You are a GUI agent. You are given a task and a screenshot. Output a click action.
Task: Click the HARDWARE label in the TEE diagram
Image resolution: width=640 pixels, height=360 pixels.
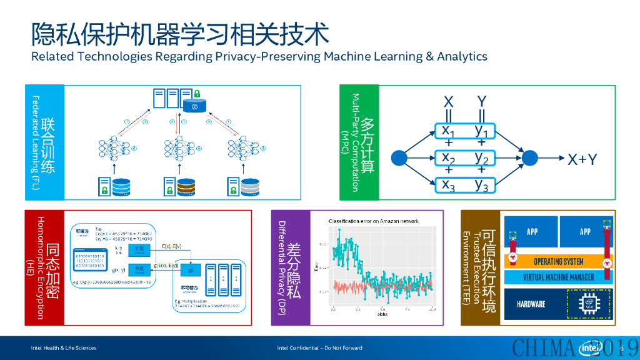[x=531, y=304]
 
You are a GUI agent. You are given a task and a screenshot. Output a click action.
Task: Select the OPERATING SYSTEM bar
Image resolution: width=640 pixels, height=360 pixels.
[x=558, y=261]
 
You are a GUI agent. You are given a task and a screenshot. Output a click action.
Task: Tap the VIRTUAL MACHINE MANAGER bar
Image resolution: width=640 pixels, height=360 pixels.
[x=558, y=276]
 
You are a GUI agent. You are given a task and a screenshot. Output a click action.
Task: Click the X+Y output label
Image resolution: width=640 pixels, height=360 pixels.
[x=582, y=159]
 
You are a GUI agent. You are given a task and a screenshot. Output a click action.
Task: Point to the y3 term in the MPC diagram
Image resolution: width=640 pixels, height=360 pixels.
[x=481, y=184]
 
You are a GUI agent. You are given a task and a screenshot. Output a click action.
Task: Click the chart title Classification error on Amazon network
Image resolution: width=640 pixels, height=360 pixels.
[x=374, y=221]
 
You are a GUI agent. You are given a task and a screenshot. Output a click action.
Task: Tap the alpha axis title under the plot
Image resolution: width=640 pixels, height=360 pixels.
[x=382, y=314]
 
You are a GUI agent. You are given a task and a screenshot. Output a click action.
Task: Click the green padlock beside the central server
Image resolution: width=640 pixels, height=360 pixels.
[x=196, y=94]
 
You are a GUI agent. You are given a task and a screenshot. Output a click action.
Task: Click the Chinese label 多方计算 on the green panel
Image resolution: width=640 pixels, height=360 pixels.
[x=367, y=144]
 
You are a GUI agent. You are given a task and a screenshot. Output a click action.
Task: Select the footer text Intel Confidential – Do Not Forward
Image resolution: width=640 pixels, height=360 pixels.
[x=319, y=348]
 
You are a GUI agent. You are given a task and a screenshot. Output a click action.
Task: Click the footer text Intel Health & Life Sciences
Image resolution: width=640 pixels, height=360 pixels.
[x=64, y=348]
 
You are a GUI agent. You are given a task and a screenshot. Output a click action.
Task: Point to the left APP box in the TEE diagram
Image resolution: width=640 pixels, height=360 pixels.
[x=532, y=232]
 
